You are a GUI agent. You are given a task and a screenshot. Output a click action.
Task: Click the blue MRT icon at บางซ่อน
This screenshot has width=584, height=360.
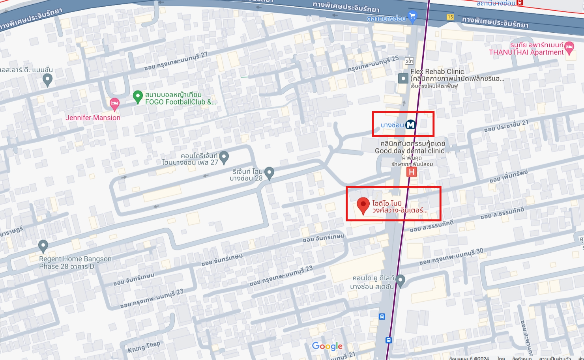[x=410, y=125]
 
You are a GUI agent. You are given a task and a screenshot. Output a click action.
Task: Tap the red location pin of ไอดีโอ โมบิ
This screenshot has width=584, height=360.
[x=363, y=205]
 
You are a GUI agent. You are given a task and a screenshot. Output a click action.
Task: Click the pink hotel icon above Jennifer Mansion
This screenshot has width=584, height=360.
[x=114, y=104]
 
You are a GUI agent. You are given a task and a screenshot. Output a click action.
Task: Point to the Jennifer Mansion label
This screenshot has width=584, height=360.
[x=93, y=118]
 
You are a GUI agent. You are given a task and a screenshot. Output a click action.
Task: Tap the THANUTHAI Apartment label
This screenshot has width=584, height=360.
[x=526, y=52]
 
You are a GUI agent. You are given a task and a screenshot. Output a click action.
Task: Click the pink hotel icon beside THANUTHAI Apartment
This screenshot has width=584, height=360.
[x=569, y=48]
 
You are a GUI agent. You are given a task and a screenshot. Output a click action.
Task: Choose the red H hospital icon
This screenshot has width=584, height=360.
[x=412, y=172]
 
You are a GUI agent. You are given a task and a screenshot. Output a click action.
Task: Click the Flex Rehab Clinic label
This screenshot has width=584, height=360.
[x=437, y=71]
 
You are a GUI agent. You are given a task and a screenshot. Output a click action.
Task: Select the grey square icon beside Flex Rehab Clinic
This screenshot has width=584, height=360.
[x=403, y=78]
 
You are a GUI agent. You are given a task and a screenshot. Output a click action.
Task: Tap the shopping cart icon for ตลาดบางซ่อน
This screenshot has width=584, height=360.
[x=412, y=17]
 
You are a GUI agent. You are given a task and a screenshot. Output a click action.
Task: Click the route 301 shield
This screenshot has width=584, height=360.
[x=409, y=61]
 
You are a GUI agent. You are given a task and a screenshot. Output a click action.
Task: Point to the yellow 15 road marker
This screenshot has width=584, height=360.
[x=450, y=17]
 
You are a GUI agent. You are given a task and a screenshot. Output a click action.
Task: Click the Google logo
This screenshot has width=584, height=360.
[x=327, y=346]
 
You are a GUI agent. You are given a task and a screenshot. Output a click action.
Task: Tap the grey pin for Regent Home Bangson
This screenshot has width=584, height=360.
[x=43, y=246]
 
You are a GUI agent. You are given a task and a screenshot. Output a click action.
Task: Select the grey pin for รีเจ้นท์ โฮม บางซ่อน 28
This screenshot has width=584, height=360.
[x=270, y=172]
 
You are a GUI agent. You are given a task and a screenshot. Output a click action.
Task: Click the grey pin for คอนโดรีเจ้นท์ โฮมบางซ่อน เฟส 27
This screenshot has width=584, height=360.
[x=224, y=157]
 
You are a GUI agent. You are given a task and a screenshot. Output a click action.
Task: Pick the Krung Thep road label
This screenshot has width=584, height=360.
[x=144, y=347]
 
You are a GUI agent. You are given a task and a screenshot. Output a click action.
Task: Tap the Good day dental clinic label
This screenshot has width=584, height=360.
[x=410, y=151]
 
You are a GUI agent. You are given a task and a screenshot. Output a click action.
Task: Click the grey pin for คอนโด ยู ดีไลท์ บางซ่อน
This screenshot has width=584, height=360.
[x=400, y=280]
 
